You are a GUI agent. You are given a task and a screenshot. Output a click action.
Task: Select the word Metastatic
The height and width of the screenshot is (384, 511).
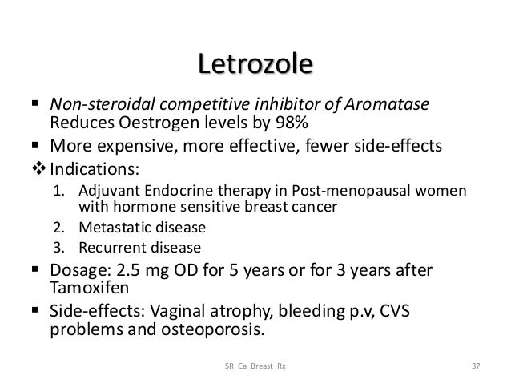point(114,227)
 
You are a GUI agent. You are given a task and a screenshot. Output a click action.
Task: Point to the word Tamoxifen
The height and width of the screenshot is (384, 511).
point(88,285)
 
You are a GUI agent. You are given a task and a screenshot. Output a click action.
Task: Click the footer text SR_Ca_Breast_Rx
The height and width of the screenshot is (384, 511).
point(256,367)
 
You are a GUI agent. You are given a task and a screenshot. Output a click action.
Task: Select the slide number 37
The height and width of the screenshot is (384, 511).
point(477,367)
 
